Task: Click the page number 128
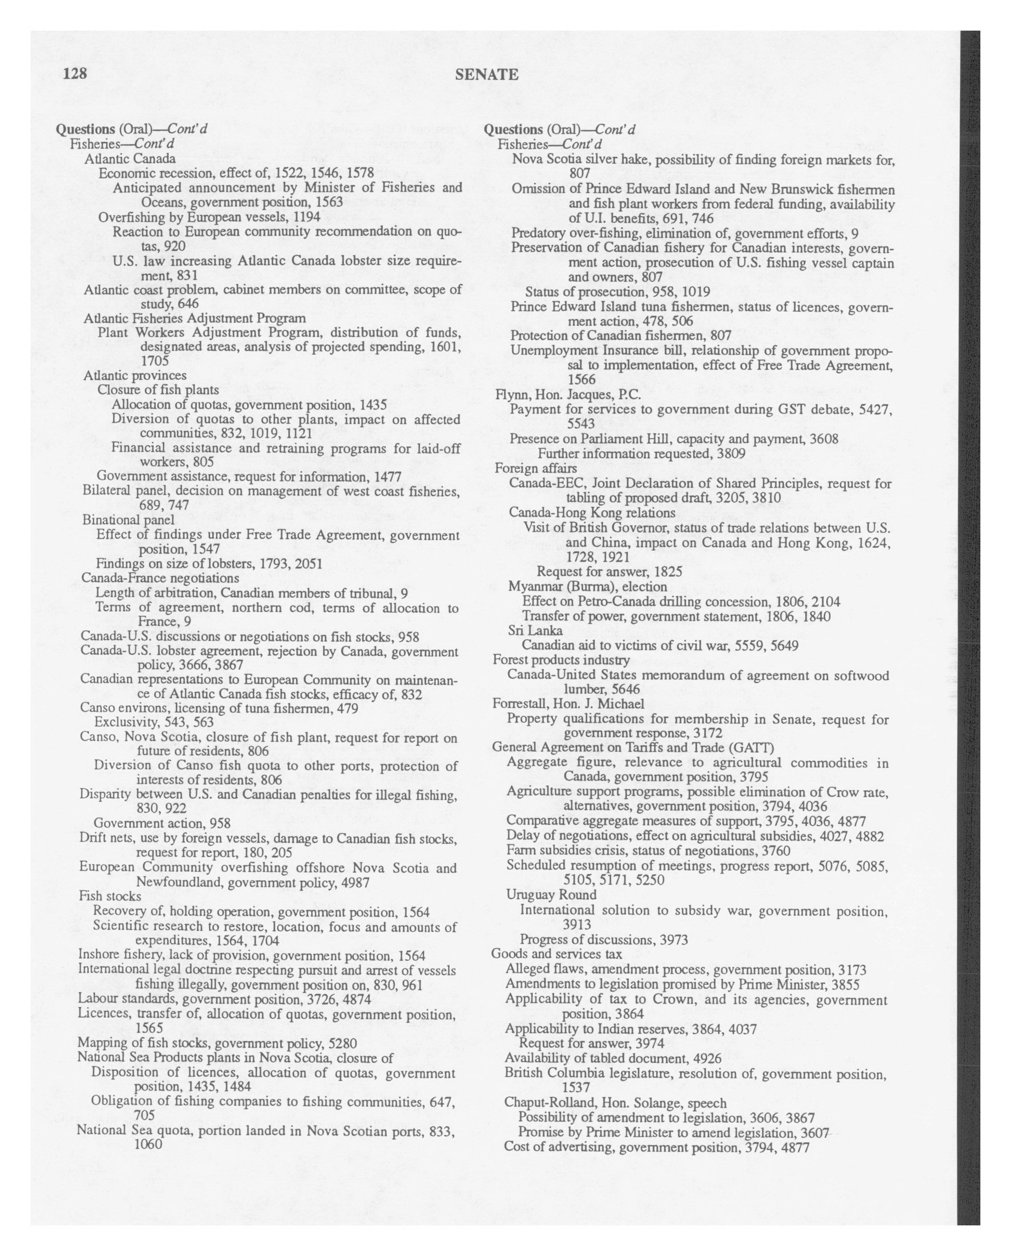point(75,74)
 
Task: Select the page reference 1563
point(325,202)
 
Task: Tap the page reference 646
point(189,303)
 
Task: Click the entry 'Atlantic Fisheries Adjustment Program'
point(194,318)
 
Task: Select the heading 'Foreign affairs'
point(536,468)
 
